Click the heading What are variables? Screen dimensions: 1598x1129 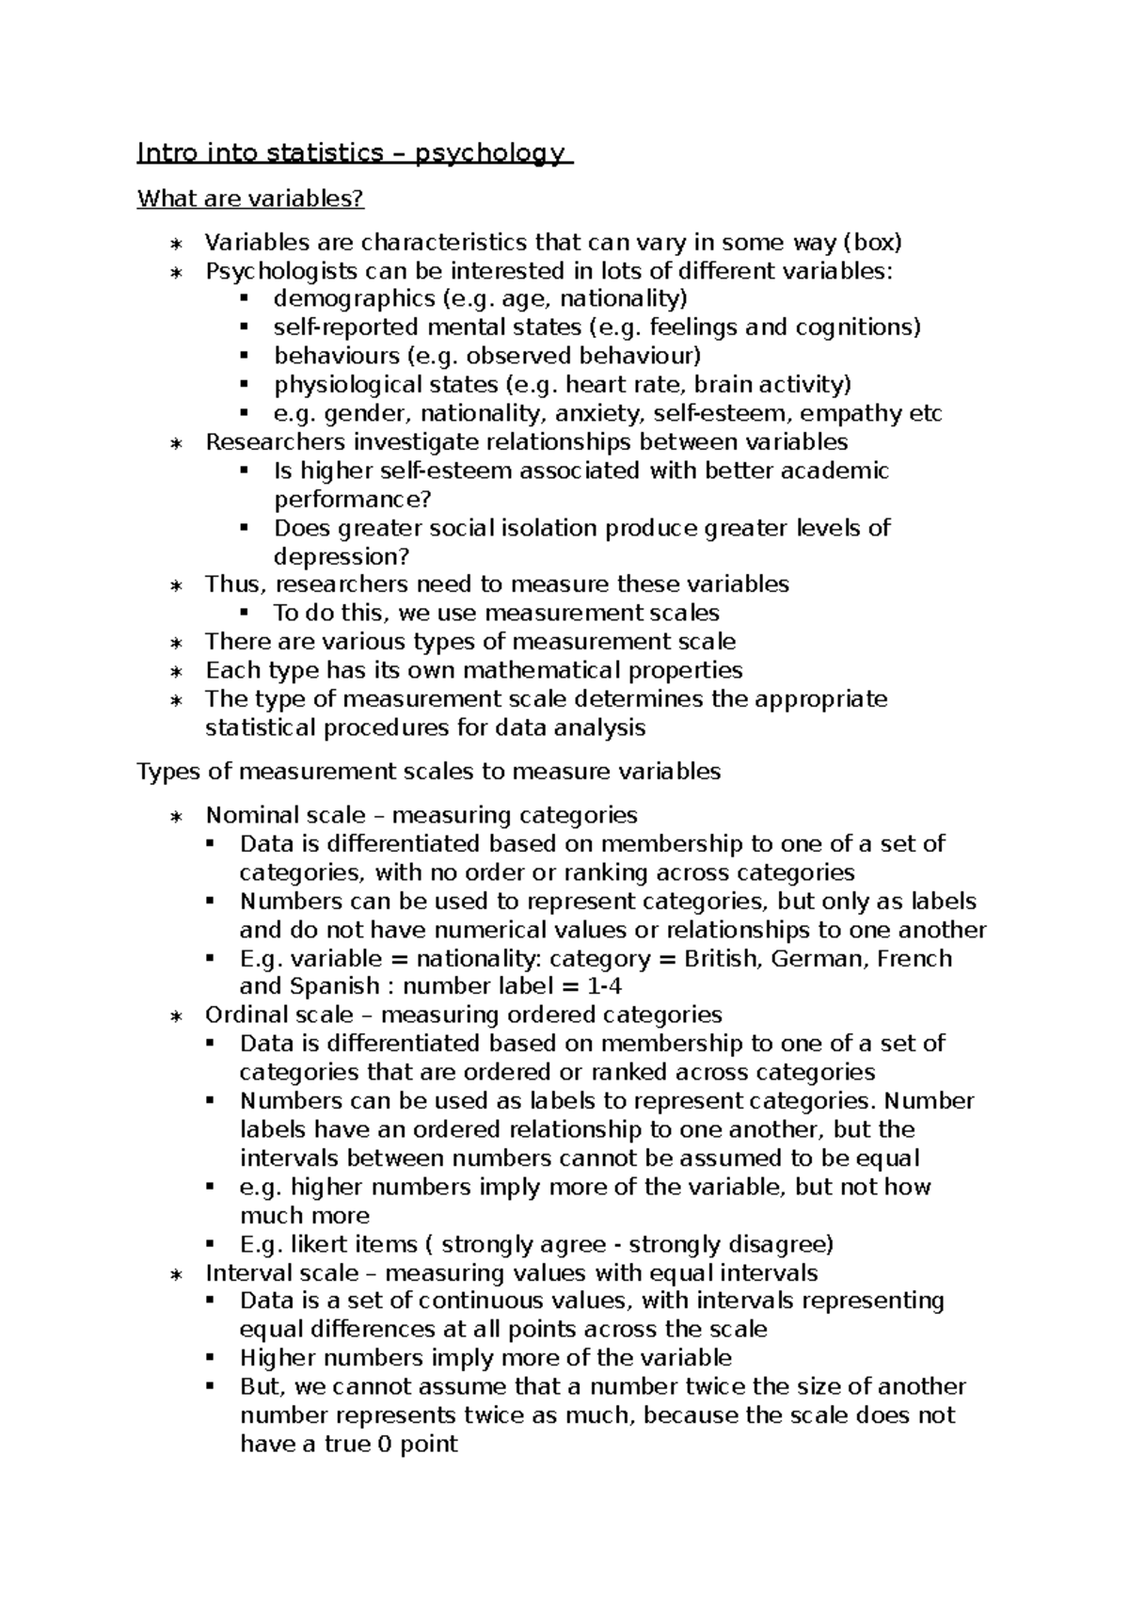pos(250,199)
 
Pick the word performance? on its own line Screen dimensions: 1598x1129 pos(352,499)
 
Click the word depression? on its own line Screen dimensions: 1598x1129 pos(342,556)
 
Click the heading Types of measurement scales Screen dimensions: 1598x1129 pos(429,772)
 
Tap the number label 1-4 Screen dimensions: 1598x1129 pos(604,986)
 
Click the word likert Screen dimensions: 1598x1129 pos(319,1244)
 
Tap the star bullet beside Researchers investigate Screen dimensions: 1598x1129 pos(176,443)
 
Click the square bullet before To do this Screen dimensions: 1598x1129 pos(245,613)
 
